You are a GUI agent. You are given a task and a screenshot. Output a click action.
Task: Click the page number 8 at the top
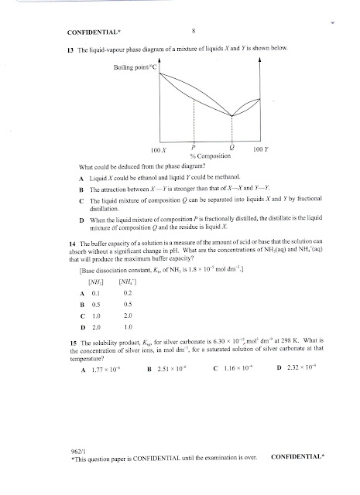pyautogui.click(x=193, y=31)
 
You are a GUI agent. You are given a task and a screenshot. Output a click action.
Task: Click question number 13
pyautogui.click(x=70, y=49)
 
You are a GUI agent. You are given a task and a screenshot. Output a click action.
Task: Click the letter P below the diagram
pyautogui.click(x=192, y=147)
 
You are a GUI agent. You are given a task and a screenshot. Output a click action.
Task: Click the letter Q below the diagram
pyautogui.click(x=233, y=147)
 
